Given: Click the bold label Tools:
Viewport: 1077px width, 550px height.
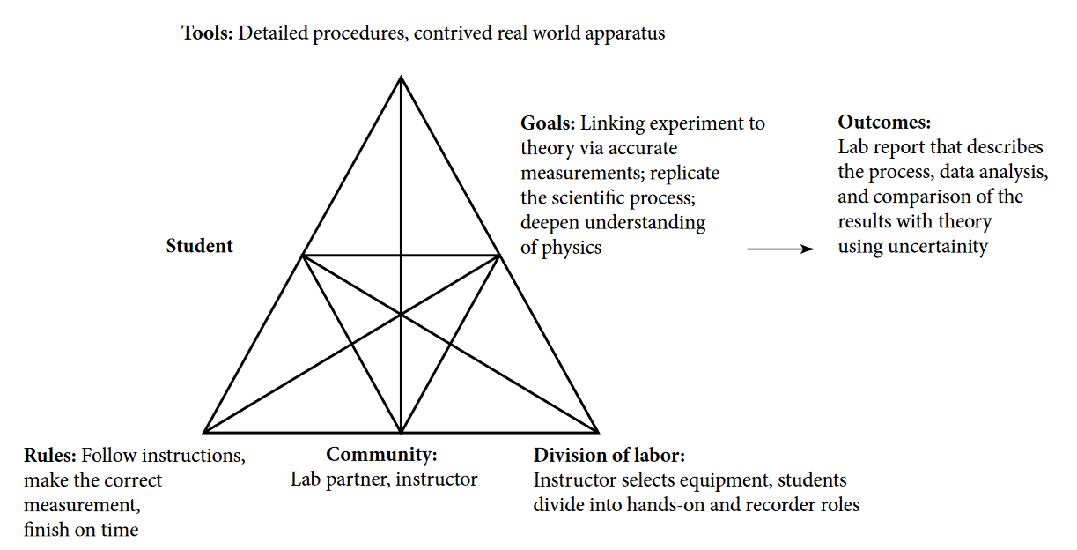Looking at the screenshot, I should (x=207, y=34).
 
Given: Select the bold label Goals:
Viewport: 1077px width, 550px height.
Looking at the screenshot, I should (x=547, y=123).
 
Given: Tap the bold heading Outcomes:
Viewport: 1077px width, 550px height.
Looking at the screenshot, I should (x=884, y=123).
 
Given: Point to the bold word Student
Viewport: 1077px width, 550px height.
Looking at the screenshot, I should (x=200, y=246).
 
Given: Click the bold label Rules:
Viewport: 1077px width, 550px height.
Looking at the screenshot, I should (x=51, y=456).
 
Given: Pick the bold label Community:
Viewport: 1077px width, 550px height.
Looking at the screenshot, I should (x=382, y=455).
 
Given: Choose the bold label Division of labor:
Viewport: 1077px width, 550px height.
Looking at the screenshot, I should (x=609, y=456).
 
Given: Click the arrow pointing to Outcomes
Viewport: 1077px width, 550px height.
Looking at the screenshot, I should (x=782, y=249).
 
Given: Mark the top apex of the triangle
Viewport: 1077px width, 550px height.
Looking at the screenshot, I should (x=402, y=78).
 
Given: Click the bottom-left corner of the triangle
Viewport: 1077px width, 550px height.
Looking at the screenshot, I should (x=204, y=433).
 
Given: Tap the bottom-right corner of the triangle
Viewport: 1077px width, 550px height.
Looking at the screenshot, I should (x=599, y=433).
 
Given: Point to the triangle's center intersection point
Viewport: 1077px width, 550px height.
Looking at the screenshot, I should (x=402, y=314).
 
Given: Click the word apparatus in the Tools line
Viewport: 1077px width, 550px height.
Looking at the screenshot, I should (x=627, y=34).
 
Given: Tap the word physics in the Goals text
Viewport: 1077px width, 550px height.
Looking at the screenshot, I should (x=572, y=248).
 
